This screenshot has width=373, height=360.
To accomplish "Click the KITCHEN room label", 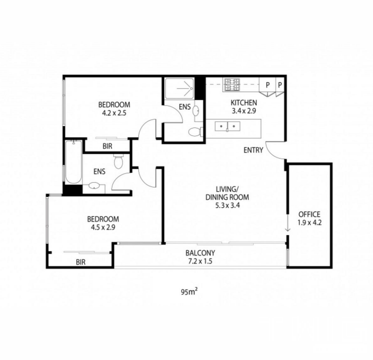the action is click(x=244, y=103).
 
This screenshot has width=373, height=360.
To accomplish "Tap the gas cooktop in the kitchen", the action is click(x=232, y=85).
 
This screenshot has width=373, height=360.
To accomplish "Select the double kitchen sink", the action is click(x=227, y=126).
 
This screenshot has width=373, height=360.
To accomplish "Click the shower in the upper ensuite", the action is click(x=179, y=88).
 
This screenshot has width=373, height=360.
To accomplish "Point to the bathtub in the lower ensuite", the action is click(x=73, y=162).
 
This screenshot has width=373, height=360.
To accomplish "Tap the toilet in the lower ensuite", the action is click(x=118, y=161).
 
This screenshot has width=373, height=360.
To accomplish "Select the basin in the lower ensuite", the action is click(x=95, y=186).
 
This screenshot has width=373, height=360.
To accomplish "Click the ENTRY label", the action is click(x=253, y=150).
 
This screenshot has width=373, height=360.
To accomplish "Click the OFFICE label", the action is click(x=309, y=215).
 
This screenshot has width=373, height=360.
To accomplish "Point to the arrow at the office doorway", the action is click(x=288, y=222).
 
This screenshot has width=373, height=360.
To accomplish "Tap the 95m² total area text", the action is click(x=189, y=292).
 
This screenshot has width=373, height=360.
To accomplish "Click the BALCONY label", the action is click(x=200, y=253).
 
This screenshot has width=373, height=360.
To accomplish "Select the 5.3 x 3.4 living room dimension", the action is click(x=227, y=205).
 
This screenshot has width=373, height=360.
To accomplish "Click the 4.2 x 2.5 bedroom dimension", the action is click(x=114, y=113).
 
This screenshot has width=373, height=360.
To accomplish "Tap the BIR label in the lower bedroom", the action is click(x=81, y=262).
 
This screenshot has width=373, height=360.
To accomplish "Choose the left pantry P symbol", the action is click(x=268, y=85).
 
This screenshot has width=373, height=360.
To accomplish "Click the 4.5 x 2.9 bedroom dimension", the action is click(x=103, y=227).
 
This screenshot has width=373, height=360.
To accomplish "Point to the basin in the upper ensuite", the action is click(x=196, y=111).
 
